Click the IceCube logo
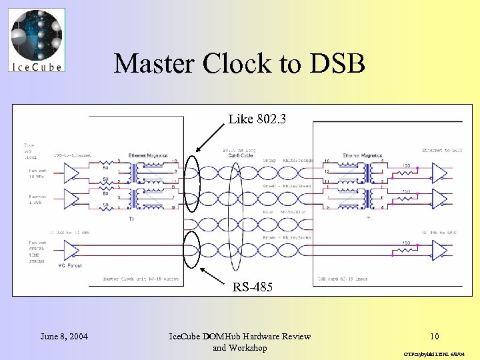click(37, 40)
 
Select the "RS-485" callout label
click(251, 287)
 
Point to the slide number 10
click(434, 337)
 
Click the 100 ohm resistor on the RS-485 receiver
click(406, 249)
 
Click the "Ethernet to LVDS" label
click(445, 151)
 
